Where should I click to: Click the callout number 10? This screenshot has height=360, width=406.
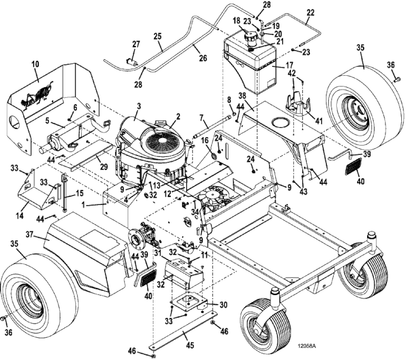[x=35, y=63]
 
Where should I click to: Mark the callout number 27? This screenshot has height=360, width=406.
[x=136, y=44]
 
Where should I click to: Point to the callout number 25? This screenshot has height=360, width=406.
[x=158, y=36]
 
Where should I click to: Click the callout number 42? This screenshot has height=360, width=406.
[x=292, y=73]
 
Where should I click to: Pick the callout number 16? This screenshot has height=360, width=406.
[x=205, y=140]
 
